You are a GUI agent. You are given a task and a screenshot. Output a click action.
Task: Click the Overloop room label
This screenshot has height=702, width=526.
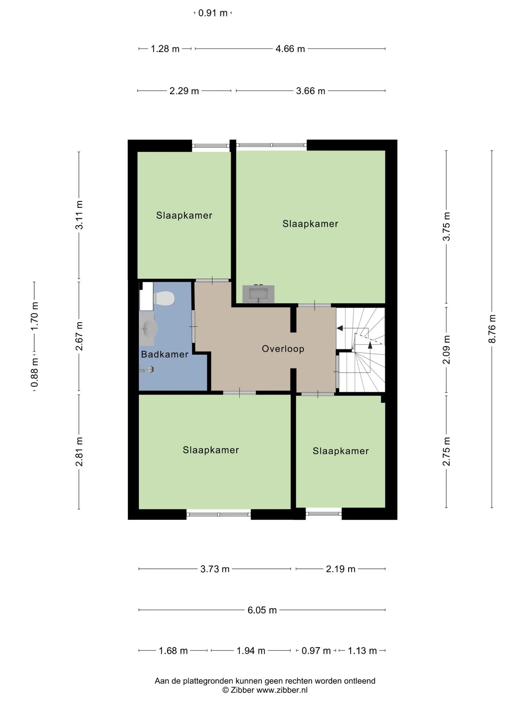pyautogui.click(x=283, y=349)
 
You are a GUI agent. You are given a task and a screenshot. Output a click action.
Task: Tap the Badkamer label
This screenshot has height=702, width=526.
pyautogui.click(x=165, y=354)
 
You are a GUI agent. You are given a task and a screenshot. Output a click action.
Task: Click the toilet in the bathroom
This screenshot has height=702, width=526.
pyautogui.click(x=163, y=298)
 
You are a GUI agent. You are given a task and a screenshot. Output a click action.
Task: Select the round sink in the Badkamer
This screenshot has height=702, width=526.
pyautogui.click(x=149, y=329)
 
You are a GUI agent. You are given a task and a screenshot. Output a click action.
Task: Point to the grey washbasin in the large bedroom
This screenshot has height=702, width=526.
pyautogui.click(x=258, y=294)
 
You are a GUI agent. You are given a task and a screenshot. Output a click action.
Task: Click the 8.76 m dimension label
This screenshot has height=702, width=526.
pyautogui.click(x=492, y=329)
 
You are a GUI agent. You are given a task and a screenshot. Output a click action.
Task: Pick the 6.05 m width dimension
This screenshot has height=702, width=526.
pyautogui.click(x=262, y=610)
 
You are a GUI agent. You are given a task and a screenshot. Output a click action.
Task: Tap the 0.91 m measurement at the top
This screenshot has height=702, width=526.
pyautogui.click(x=213, y=13)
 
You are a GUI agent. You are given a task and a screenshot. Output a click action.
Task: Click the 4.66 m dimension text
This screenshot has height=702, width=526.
pyautogui.click(x=290, y=49)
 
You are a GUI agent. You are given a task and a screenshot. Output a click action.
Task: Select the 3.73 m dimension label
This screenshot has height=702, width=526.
pyautogui.click(x=215, y=569)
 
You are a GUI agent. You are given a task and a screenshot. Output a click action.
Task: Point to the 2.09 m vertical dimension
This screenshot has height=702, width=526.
pyautogui.click(x=446, y=350)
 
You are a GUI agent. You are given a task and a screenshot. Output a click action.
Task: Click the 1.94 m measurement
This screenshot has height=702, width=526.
pyautogui.click(x=251, y=651)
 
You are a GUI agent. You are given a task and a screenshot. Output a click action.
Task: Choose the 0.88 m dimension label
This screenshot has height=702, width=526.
pyautogui.click(x=34, y=372)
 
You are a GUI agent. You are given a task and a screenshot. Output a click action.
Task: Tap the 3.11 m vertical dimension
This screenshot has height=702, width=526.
pyautogui.click(x=79, y=215)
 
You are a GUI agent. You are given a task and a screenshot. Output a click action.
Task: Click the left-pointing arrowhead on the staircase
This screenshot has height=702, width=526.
pyautogui.click(x=340, y=328)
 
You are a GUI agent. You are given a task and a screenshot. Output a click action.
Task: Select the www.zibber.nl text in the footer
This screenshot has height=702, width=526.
pyautogui.click(x=282, y=690)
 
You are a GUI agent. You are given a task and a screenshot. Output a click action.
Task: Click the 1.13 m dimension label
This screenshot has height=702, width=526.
pyautogui.click(x=362, y=651)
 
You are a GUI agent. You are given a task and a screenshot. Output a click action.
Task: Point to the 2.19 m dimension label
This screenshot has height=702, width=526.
pyautogui.click(x=341, y=569)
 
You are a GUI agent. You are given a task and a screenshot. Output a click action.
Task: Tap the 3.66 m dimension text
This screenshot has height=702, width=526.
pyautogui.click(x=310, y=91)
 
